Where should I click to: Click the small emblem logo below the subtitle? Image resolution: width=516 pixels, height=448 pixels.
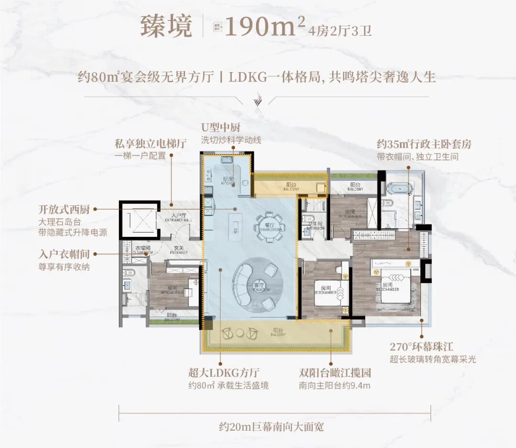point(258,101)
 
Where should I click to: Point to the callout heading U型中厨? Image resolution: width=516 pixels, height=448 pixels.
point(220,128)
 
